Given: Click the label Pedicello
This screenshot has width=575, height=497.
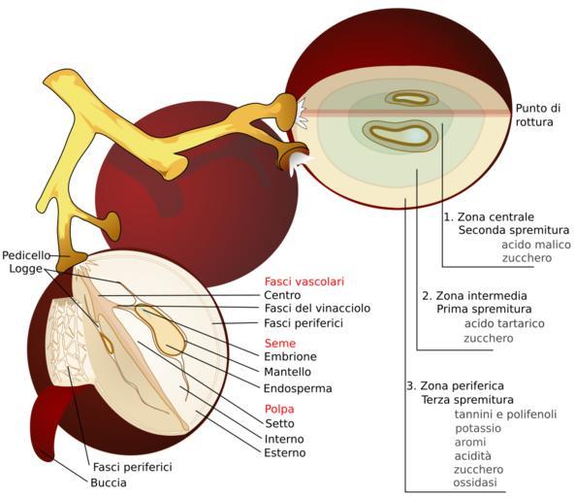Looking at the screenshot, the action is (26, 255).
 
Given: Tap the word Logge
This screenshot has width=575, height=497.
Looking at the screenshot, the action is (25, 269).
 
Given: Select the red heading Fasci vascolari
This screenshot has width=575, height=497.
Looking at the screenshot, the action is (304, 282).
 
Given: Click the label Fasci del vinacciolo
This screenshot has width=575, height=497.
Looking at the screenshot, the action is (317, 308).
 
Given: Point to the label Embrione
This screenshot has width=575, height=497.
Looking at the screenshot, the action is (291, 356).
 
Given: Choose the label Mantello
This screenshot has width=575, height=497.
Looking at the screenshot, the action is (287, 372).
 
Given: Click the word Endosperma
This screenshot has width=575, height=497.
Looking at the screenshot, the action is (298, 388).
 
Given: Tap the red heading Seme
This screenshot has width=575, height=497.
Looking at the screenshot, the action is (280, 344).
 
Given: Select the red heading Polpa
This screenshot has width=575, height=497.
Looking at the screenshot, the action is (279, 409).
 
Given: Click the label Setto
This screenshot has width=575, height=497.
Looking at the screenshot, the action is (280, 423).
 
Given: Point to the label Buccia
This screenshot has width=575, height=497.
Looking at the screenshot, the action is (109, 482).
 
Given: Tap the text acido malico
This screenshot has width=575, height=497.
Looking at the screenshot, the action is (536, 245).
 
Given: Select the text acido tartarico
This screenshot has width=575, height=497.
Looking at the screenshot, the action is (504, 324).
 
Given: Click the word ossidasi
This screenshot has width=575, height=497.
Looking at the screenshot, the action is (475, 481).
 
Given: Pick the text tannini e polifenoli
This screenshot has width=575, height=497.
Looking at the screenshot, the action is (506, 414).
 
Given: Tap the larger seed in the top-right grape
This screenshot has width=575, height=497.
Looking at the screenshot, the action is (400, 135).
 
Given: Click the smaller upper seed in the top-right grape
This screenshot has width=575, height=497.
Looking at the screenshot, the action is (411, 98).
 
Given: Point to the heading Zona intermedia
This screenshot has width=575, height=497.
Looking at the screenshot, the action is (474, 295).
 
